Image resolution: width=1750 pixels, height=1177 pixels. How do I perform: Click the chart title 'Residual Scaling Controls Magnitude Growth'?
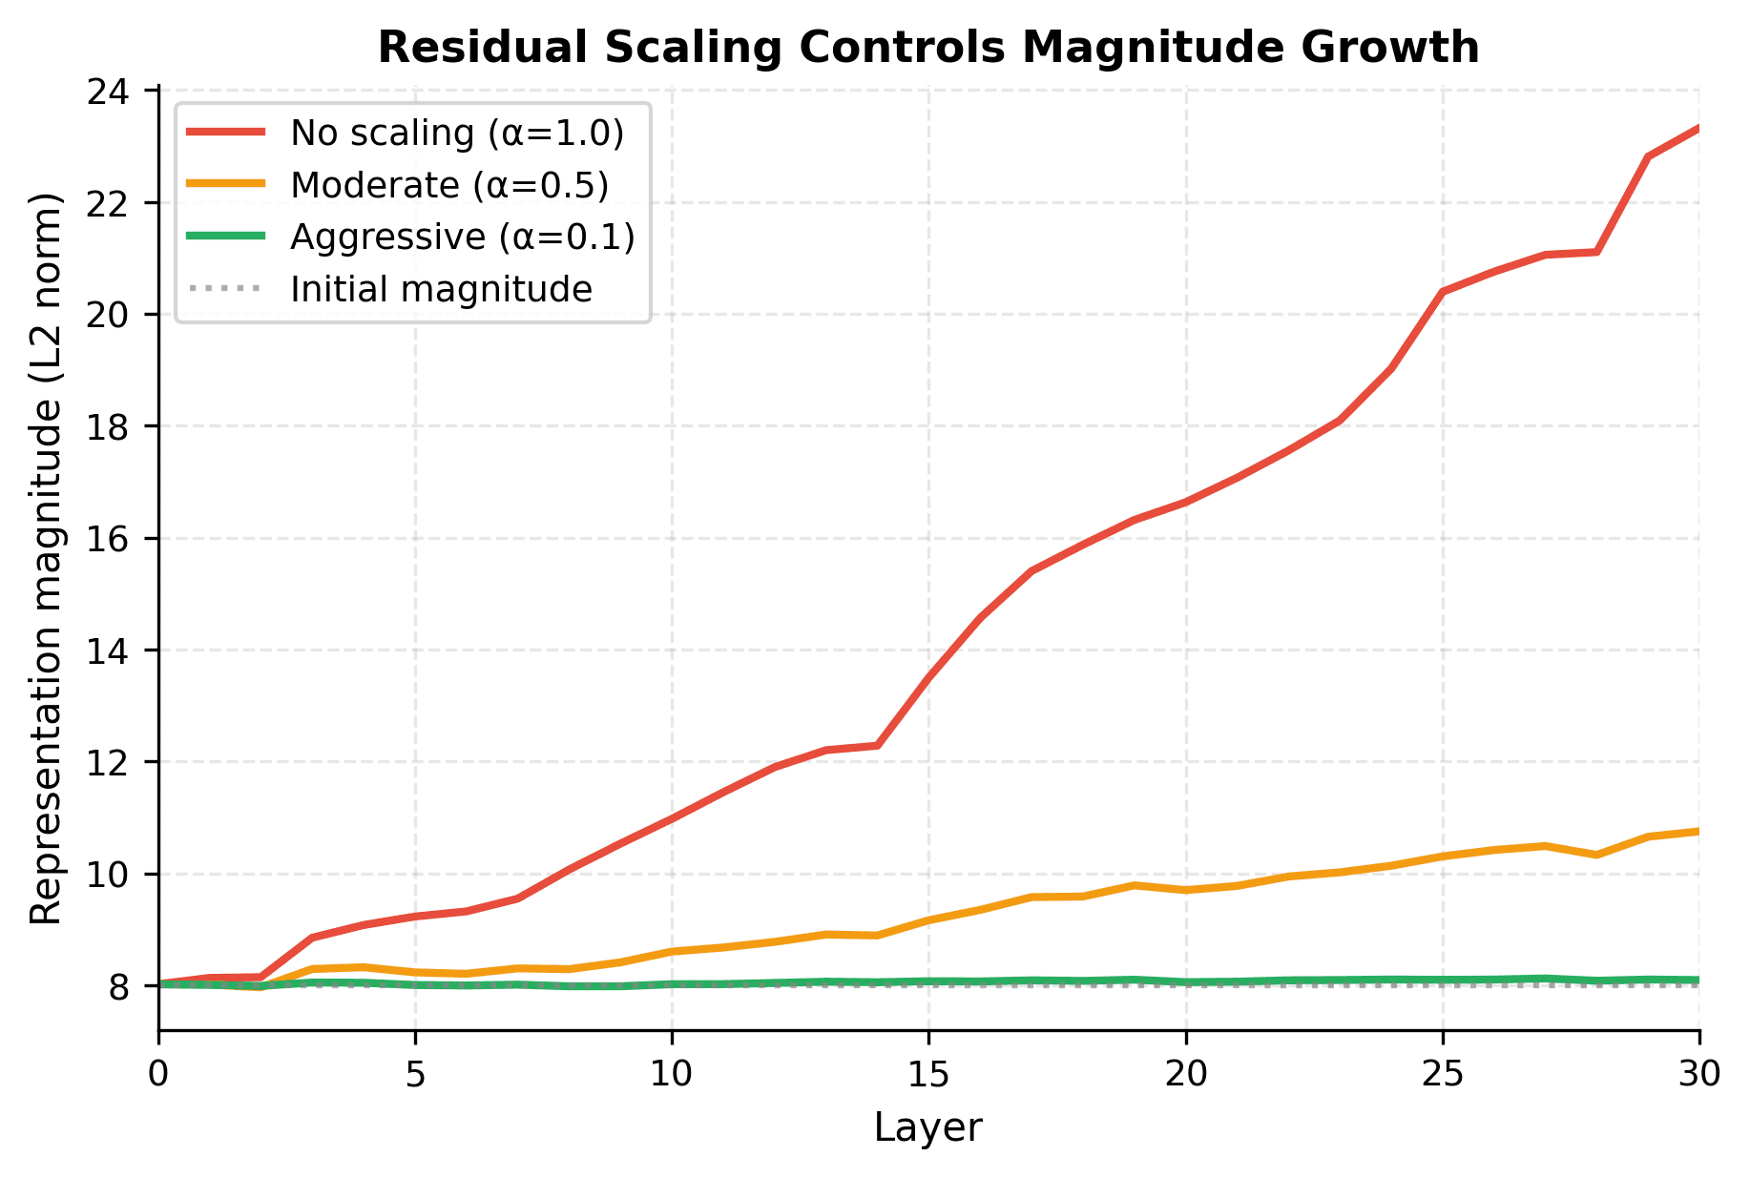927,48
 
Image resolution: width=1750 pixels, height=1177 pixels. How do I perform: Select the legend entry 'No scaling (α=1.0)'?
457,134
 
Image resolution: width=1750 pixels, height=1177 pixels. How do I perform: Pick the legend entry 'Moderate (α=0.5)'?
449,185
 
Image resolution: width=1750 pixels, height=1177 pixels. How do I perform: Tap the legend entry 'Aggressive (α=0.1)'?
463,237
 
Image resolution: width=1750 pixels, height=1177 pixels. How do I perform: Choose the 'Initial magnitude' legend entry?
441,289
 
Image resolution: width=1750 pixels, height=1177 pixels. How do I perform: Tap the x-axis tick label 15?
927,1075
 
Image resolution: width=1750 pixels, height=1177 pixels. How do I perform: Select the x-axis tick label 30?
1698,1075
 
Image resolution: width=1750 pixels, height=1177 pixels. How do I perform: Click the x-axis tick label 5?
415,1075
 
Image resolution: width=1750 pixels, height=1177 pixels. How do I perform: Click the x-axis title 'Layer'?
927,1128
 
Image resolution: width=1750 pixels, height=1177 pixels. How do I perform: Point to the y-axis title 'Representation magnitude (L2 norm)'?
46,558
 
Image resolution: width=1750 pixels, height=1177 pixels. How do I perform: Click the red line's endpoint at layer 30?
1698,127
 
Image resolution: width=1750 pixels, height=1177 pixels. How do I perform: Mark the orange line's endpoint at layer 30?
1698,831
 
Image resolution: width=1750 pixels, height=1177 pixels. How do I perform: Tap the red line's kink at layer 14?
877,745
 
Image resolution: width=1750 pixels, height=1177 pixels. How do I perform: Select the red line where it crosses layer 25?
1442,292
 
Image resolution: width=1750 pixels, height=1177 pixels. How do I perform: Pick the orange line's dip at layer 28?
1596,855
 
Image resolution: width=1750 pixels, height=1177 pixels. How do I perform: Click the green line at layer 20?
1185,981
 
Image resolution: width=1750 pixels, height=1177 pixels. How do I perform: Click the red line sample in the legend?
226,134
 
